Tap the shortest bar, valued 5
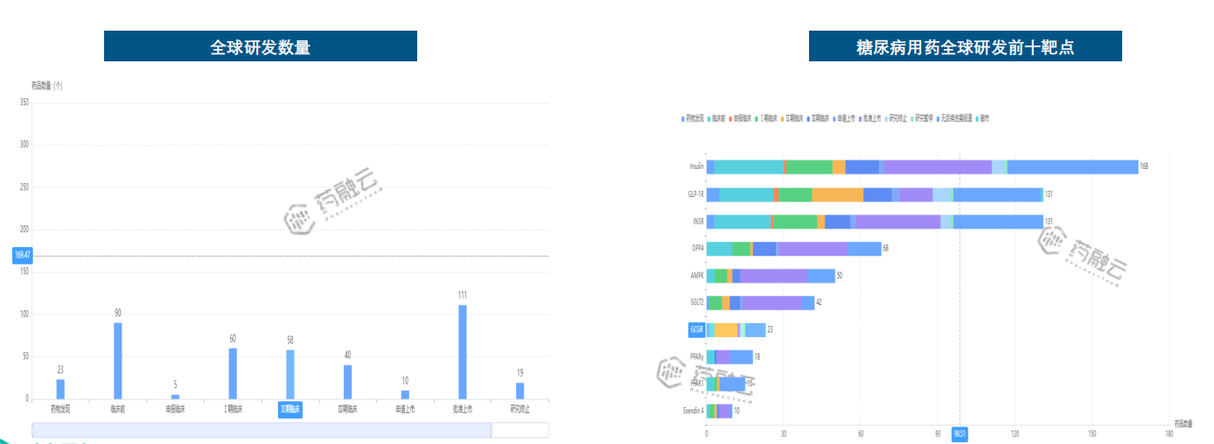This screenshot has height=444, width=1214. (x=175, y=397)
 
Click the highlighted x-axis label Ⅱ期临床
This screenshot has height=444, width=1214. (x=290, y=409)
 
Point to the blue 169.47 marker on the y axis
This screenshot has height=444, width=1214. (x=23, y=256)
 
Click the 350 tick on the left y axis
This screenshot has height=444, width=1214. (x=24, y=102)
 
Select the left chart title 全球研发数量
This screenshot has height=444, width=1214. (x=261, y=46)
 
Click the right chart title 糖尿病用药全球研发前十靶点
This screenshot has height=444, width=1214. (x=965, y=46)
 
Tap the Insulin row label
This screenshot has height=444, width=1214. (x=696, y=166)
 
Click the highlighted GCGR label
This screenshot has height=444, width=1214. (x=696, y=330)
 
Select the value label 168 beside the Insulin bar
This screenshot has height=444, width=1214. (x=1143, y=166)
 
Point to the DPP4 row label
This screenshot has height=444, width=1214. (x=697, y=249)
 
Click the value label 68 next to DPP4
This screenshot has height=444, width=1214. (x=886, y=249)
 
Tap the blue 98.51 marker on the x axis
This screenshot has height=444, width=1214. (x=959, y=433)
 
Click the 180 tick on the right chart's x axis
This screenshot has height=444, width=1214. (x=1169, y=433)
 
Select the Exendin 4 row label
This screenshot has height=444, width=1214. (x=693, y=411)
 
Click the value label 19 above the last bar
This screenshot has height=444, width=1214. (x=520, y=373)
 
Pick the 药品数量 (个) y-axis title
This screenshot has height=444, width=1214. (x=47, y=86)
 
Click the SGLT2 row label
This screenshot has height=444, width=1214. (x=696, y=303)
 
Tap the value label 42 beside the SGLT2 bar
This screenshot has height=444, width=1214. (x=819, y=303)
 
